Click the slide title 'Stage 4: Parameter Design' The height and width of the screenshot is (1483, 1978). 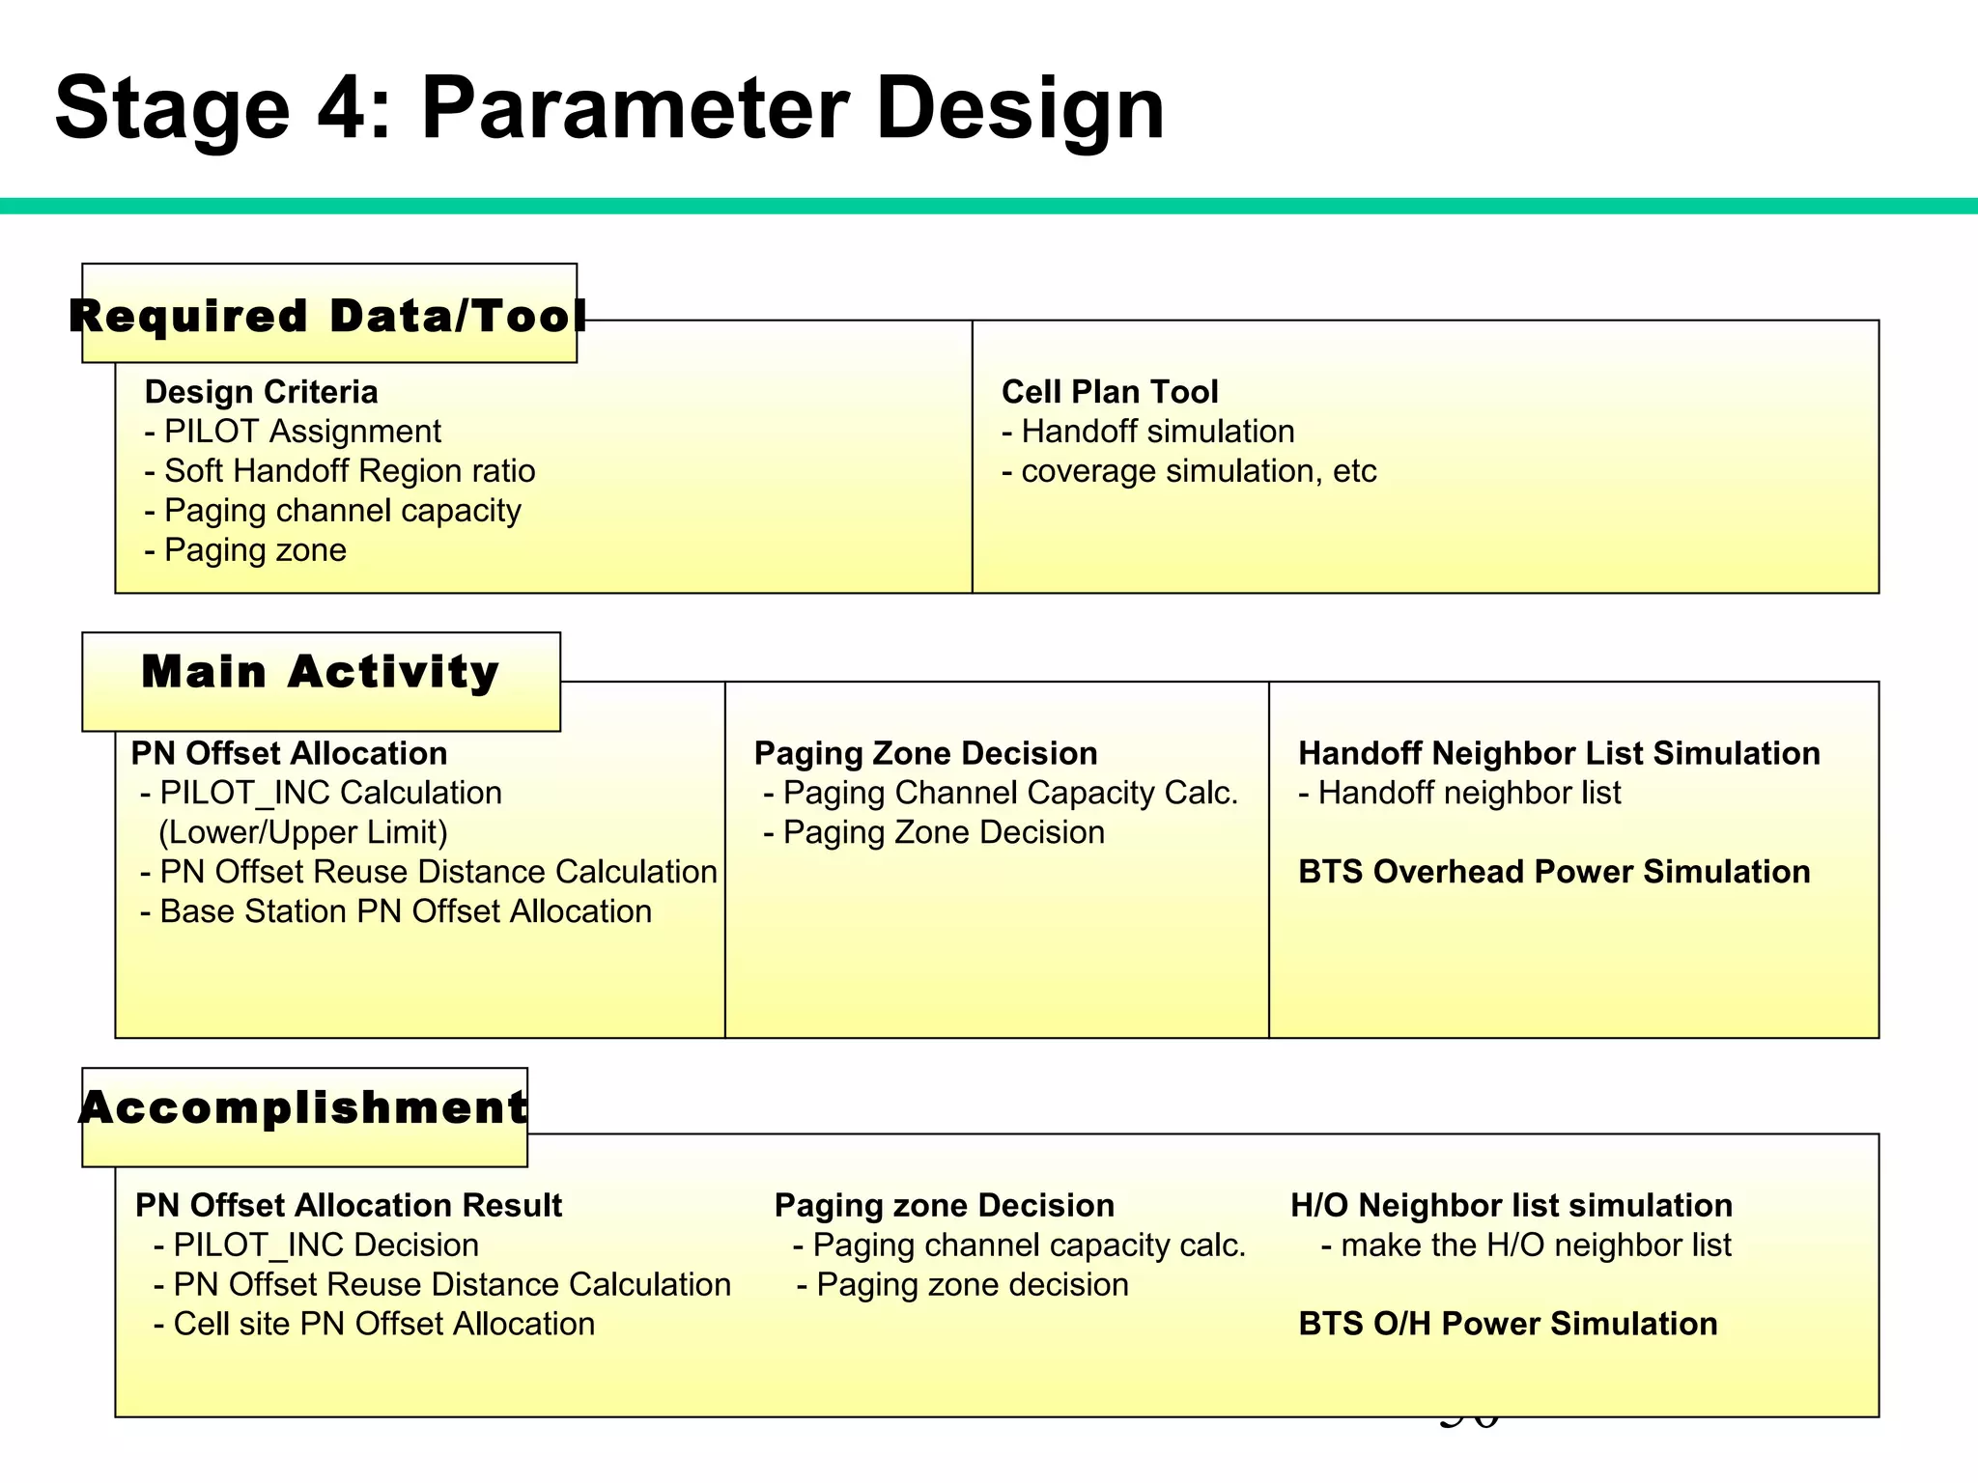click(x=609, y=108)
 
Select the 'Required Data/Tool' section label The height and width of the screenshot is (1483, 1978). click(x=328, y=316)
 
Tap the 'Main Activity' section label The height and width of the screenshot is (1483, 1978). click(x=321, y=672)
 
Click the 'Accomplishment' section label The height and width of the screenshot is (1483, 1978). click(x=304, y=1107)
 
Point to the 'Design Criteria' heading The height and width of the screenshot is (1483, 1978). click(x=261, y=392)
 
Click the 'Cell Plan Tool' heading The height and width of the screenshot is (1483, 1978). click(x=1110, y=392)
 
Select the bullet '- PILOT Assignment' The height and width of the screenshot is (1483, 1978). click(x=293, y=432)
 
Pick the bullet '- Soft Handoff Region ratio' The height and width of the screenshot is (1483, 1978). click(x=340, y=471)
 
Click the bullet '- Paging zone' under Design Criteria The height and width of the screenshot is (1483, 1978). click(x=245, y=550)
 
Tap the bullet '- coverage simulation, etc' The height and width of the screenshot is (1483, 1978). click(x=1189, y=471)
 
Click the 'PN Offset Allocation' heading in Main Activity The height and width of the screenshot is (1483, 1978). click(x=289, y=753)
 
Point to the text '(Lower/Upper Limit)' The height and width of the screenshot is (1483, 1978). click(x=303, y=832)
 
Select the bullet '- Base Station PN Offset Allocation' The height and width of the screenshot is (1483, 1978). click(x=396, y=911)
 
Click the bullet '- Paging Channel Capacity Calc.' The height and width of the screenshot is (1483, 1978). click(x=1001, y=793)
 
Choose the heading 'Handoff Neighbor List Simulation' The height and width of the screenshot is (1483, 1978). click(x=1559, y=753)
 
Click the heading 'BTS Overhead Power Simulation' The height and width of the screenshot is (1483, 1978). click(x=1554, y=872)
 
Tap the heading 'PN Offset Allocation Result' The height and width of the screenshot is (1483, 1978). click(x=349, y=1206)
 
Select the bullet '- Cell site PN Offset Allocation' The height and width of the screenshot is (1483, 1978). click(x=375, y=1324)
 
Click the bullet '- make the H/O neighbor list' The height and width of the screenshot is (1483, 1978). click(x=1526, y=1245)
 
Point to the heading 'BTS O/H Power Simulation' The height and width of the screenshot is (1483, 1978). click(x=1508, y=1324)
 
